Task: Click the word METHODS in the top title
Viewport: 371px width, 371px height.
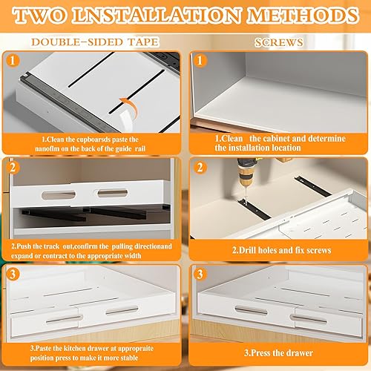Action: coord(303,16)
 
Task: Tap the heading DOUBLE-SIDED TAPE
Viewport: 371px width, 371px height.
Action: coord(95,42)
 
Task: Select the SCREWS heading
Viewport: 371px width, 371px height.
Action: coord(279,42)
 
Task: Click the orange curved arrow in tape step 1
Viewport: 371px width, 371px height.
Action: coord(130,107)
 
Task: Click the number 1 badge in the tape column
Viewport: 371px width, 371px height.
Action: coord(13,60)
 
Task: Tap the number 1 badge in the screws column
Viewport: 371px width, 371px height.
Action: coord(200,60)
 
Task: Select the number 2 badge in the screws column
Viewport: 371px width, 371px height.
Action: coord(200,167)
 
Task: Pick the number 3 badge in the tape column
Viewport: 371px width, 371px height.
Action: coord(13,274)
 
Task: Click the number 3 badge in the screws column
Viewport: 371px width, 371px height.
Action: coord(200,274)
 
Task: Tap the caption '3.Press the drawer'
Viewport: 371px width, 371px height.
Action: coord(278,353)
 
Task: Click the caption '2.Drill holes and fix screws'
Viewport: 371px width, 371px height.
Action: coord(281,250)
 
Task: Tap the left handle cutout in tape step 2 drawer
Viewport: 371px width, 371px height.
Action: coord(59,195)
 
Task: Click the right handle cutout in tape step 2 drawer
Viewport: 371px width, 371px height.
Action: coord(113,193)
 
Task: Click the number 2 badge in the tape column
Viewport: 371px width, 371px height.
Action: coord(13,168)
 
